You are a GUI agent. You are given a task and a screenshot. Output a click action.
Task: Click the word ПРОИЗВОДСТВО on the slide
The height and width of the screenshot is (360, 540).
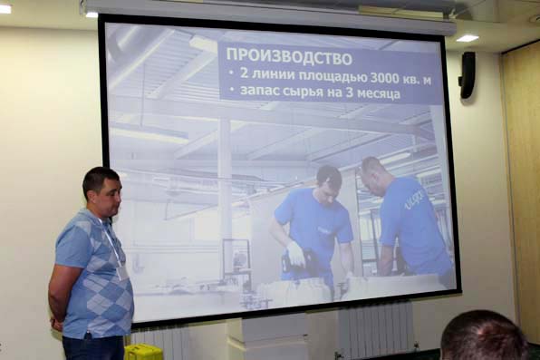[289, 56]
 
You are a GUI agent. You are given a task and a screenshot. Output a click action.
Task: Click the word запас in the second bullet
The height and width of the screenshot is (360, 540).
[260, 91]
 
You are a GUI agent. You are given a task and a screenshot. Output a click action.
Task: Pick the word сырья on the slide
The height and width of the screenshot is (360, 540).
[304, 92]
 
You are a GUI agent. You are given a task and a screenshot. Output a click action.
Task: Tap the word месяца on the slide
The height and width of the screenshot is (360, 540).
[378, 93]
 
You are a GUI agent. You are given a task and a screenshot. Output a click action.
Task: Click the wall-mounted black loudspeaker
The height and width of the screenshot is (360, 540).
[467, 75]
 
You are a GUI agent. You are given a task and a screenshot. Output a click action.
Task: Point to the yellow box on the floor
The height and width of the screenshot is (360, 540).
[143, 352]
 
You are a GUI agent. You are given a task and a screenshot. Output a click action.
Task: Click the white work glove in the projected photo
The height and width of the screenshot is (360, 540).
[296, 254]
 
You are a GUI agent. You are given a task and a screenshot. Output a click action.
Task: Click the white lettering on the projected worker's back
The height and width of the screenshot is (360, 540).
[414, 199]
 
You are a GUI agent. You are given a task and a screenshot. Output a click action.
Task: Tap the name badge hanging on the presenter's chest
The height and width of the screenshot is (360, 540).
[121, 273]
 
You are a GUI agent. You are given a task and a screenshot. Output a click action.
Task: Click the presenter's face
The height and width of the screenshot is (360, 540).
[110, 198]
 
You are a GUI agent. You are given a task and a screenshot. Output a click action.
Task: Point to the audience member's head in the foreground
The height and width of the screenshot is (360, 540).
[485, 336]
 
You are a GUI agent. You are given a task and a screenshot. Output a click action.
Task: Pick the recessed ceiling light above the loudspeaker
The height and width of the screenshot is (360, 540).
[468, 38]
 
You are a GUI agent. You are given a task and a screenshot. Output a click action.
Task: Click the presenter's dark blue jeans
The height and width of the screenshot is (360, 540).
[93, 347]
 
